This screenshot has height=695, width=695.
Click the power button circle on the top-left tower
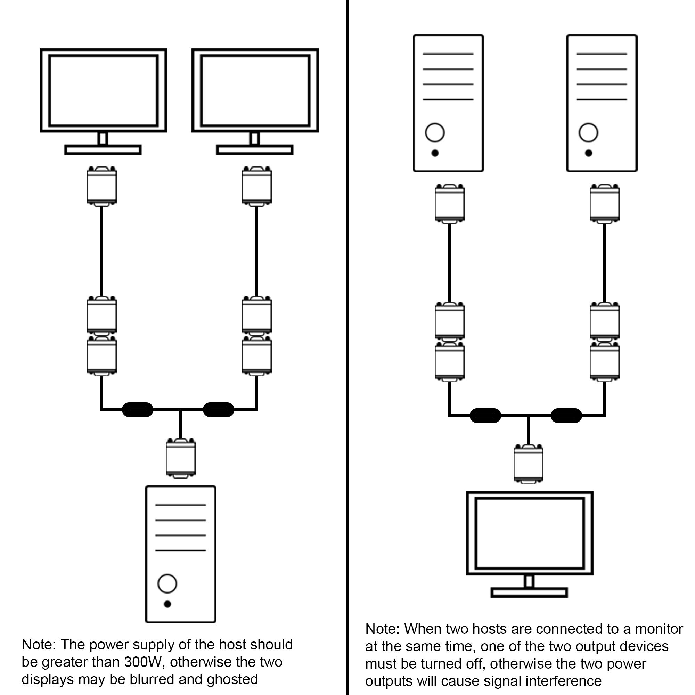(x=435, y=132)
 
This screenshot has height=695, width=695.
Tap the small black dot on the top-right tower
(x=589, y=153)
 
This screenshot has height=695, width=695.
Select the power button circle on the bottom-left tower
(x=167, y=583)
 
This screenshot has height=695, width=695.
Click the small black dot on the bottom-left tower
(x=167, y=604)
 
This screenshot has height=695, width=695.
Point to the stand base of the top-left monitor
(x=103, y=150)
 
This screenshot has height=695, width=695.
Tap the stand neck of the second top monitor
(x=255, y=139)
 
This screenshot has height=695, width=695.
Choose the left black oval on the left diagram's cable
(x=137, y=409)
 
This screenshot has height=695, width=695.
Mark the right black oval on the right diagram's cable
(x=566, y=416)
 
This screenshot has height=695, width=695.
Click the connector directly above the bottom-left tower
(x=181, y=458)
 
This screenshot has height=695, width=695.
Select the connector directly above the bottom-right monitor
(x=529, y=464)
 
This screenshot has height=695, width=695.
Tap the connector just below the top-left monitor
(x=102, y=186)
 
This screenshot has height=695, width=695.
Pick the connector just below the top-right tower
(x=604, y=203)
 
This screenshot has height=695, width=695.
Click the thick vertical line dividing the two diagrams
(x=347, y=347)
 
